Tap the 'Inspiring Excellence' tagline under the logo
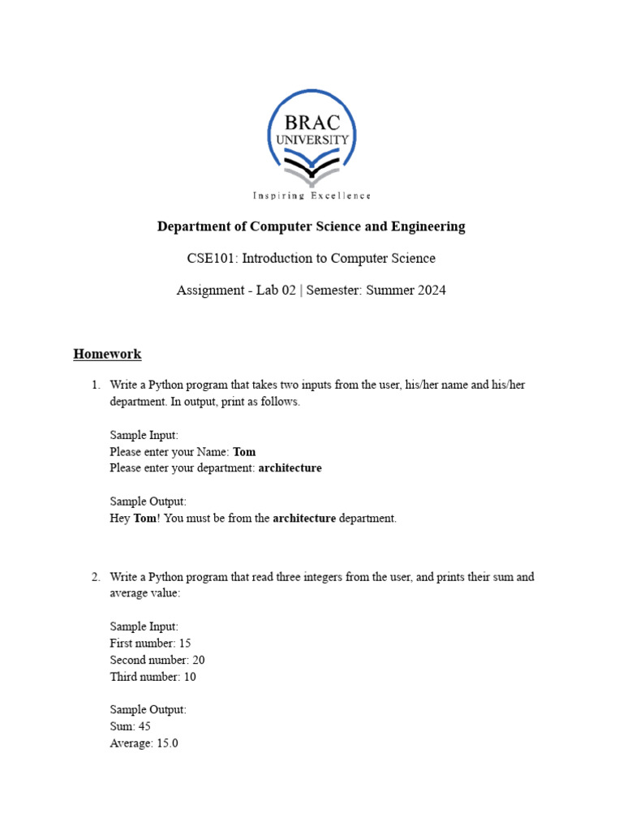pos(311,196)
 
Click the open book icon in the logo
pos(311,170)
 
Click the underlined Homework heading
pos(107,354)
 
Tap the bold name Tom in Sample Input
pos(244,452)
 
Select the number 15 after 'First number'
pos(184,644)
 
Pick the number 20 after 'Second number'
pos(199,660)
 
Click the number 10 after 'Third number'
pos(189,677)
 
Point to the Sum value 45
pos(144,726)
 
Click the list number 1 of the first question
pos(95,385)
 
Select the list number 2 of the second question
pos(95,578)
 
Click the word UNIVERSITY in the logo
pos(311,140)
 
